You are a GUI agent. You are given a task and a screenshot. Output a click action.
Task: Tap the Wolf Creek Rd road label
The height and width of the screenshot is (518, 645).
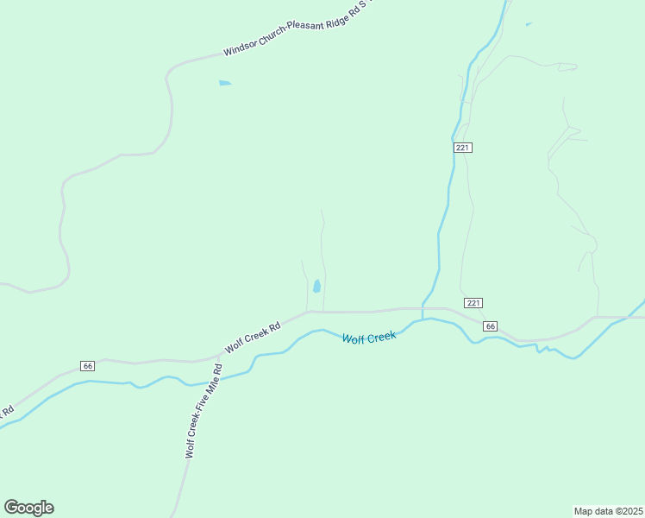click(x=254, y=338)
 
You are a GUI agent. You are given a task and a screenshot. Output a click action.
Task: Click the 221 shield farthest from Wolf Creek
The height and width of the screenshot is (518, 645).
click(x=463, y=148)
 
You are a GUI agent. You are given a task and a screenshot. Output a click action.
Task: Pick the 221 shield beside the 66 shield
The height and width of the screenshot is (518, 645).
click(x=473, y=302)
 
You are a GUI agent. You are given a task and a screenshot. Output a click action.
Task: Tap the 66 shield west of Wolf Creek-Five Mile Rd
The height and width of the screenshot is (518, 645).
click(x=88, y=366)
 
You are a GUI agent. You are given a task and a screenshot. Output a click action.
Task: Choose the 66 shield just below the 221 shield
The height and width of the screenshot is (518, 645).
click(x=490, y=325)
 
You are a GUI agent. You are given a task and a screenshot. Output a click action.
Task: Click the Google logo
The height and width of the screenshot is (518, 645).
click(x=28, y=508)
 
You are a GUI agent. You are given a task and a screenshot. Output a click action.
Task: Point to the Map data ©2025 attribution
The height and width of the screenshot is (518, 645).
click(x=609, y=511)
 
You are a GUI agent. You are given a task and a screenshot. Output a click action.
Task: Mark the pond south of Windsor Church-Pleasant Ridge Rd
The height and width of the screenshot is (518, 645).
click(x=225, y=83)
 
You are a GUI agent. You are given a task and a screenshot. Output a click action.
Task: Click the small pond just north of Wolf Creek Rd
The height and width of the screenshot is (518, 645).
click(x=317, y=286)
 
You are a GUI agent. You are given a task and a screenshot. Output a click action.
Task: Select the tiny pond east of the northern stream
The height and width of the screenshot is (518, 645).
click(x=528, y=24)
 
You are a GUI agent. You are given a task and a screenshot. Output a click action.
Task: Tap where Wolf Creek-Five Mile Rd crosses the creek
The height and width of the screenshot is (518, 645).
click(x=212, y=381)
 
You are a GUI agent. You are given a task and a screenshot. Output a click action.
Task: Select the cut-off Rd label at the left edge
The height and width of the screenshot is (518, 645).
click(x=6, y=412)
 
